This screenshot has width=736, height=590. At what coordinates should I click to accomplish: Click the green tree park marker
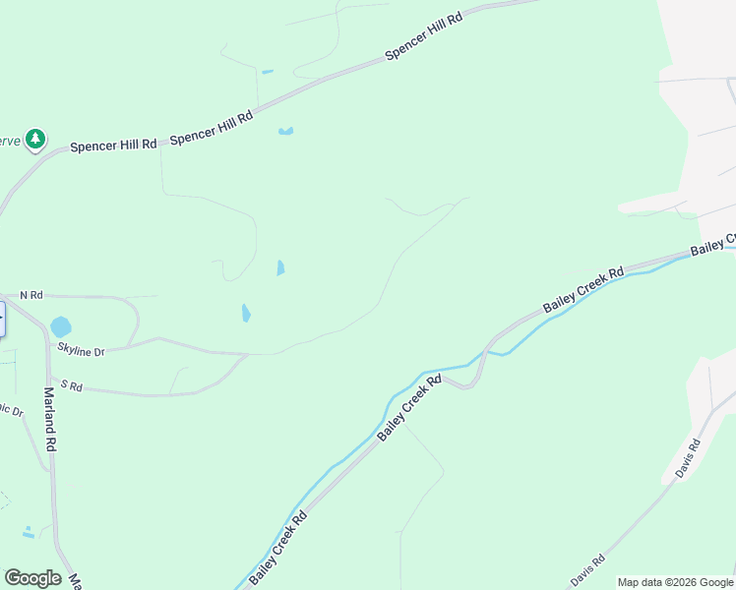coord(35,139)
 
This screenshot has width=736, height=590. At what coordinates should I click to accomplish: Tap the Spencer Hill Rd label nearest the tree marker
coord(114,145)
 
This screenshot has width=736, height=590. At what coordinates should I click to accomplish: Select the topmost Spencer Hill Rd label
coord(423,37)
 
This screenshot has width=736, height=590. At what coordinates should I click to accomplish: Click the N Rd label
coord(31,295)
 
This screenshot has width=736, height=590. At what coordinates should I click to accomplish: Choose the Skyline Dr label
coord(81,350)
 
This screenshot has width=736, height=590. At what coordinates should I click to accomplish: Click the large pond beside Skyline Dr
coord(61,325)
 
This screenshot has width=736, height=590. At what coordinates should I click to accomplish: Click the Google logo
coord(32,578)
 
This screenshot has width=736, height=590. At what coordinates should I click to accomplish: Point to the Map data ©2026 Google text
coord(675,582)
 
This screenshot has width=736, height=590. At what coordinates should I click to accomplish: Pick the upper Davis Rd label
coord(689,459)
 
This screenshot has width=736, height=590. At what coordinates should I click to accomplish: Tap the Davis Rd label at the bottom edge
coord(587,569)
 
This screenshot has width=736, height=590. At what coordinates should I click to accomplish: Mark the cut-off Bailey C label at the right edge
coord(713,245)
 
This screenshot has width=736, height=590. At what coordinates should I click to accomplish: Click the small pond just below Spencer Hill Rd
coord(286,131)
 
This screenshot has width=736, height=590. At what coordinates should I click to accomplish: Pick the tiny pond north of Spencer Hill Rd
coord(267,71)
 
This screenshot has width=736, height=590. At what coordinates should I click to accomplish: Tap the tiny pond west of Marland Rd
coord(29,533)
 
